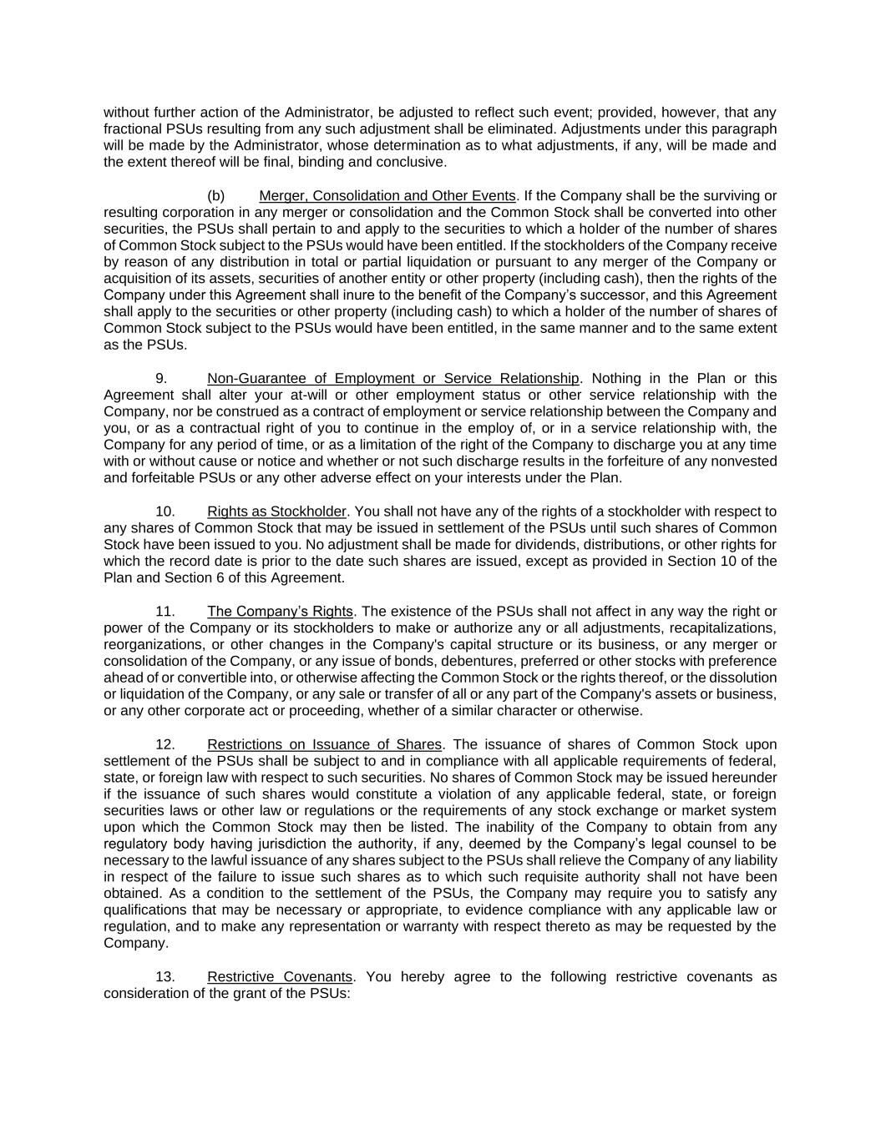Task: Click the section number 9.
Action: click(161, 379)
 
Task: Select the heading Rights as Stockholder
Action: click(276, 512)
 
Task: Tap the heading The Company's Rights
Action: click(280, 612)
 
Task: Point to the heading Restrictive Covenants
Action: click(280, 977)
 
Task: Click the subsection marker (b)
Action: click(216, 196)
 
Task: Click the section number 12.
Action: click(165, 744)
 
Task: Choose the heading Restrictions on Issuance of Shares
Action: click(324, 744)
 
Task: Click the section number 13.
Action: click(165, 977)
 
